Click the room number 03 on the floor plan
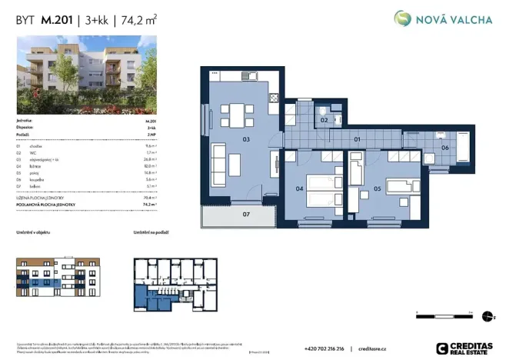(245, 140)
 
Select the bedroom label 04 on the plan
(300, 187)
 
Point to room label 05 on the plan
(377, 187)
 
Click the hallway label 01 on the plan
(357, 140)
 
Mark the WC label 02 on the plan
(324, 121)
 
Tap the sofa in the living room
(219, 162)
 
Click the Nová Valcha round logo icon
(402, 19)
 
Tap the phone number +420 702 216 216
(324, 348)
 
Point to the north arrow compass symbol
(484, 315)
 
